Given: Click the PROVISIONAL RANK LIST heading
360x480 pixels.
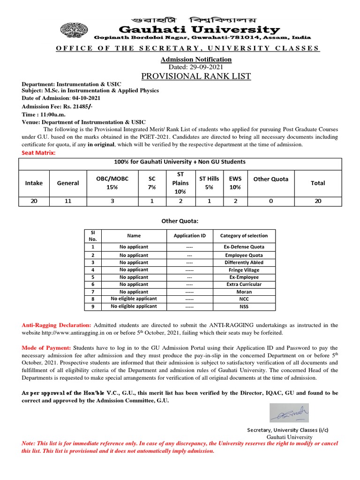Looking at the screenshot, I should pyautogui.click(x=196, y=76).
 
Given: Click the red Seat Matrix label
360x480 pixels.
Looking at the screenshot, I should pyautogui.click(x=38, y=153).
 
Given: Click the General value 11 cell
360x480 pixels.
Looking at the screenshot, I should pyautogui.click(x=67, y=201).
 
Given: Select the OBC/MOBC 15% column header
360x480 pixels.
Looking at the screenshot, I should pyautogui.click(x=112, y=183).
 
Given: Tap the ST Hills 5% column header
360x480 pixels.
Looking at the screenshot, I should pyautogui.click(x=209, y=183).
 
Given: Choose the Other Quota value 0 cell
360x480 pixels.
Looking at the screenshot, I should pyautogui.click(x=270, y=201).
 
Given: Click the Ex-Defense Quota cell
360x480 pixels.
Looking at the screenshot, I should pyautogui.click(x=244, y=247).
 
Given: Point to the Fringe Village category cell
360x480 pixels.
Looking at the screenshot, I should pyautogui.click(x=244, y=270).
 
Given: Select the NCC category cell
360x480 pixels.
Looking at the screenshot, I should pyautogui.click(x=244, y=299).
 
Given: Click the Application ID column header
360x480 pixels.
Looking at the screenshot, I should pyautogui.click(x=189, y=236).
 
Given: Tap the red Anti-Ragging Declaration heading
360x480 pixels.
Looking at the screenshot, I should pyautogui.click(x=57, y=325).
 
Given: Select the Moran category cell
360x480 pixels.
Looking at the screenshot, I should pyautogui.click(x=244, y=292).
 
